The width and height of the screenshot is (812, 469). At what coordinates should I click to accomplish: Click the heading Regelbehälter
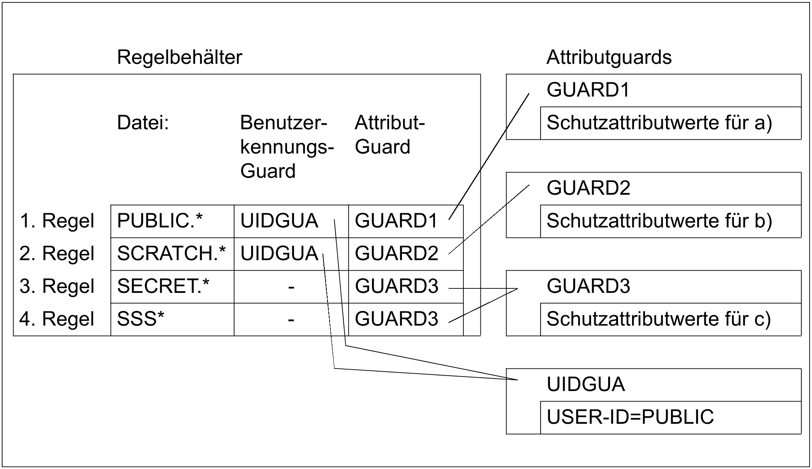180,57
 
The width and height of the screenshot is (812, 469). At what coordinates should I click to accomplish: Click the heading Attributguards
609,57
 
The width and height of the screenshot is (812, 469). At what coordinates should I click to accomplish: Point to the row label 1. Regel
57,221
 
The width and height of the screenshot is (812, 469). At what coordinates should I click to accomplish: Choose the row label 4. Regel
57,319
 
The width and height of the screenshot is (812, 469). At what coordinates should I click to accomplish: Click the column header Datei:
142,122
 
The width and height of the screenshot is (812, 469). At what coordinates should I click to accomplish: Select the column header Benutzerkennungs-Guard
287,147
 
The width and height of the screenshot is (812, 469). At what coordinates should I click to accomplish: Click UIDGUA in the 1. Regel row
279,221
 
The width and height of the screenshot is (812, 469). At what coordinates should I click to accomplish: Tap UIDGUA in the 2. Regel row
279,254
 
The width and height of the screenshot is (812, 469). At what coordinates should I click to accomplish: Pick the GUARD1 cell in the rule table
396,221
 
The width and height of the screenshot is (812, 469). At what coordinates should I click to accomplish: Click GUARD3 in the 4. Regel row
396,319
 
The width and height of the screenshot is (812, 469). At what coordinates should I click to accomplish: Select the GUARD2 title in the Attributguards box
588,188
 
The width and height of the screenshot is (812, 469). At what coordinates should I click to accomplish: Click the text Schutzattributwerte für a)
659,123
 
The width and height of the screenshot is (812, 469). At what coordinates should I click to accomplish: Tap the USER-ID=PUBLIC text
630,417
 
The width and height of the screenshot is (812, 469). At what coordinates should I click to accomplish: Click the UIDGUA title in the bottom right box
586,384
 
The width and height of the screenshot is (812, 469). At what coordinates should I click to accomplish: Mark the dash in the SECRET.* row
291,287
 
